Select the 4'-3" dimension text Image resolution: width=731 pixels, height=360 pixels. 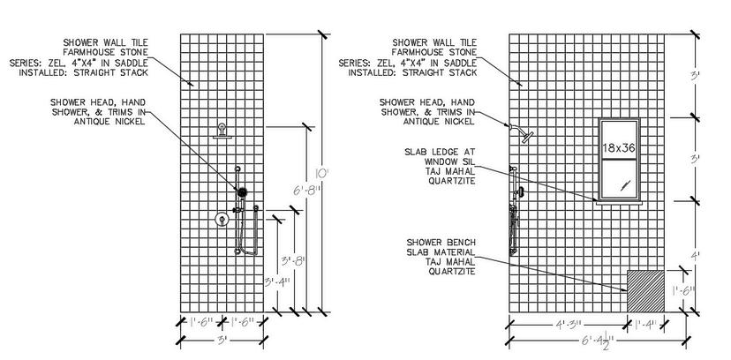coord(568,325)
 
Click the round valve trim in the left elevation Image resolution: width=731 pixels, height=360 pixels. coord(221,221)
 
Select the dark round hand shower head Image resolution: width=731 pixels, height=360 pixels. coord(240,191)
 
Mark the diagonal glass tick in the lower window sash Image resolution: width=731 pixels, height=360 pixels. coord(624,184)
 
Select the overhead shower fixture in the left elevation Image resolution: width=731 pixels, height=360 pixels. coord(222,132)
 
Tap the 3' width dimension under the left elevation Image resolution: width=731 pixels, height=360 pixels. coord(221,338)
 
